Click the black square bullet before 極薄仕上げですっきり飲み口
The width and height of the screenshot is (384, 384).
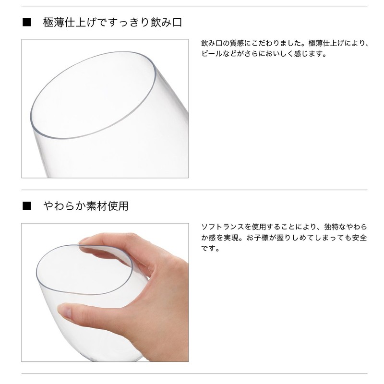point(27,23)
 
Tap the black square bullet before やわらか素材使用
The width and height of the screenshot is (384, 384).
point(27,206)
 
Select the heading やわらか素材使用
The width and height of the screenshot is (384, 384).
point(86,206)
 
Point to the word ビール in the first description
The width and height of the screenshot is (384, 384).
point(212,54)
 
